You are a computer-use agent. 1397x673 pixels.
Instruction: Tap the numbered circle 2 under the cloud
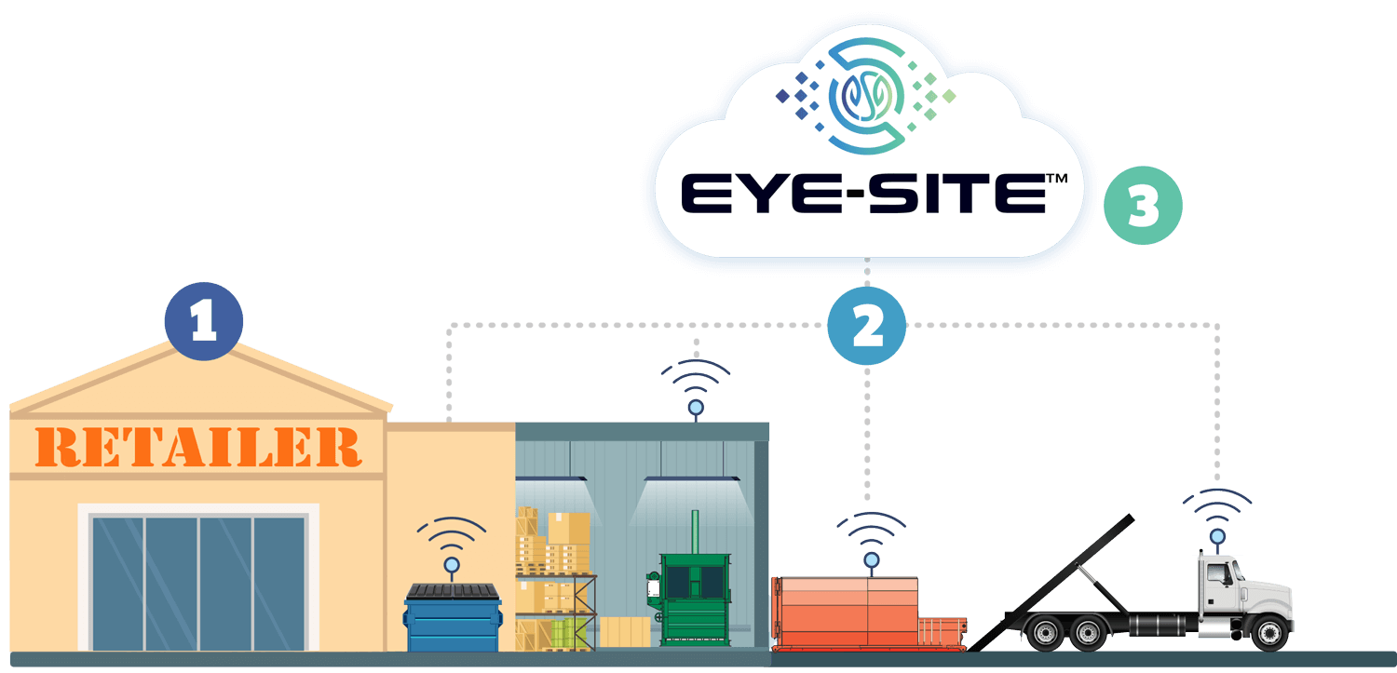coord(867,325)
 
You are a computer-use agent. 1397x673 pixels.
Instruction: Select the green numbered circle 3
coord(1143,206)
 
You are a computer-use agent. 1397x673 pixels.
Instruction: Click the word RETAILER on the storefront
coord(201,448)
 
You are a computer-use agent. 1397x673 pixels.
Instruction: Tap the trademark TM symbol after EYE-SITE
coord(1056,176)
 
